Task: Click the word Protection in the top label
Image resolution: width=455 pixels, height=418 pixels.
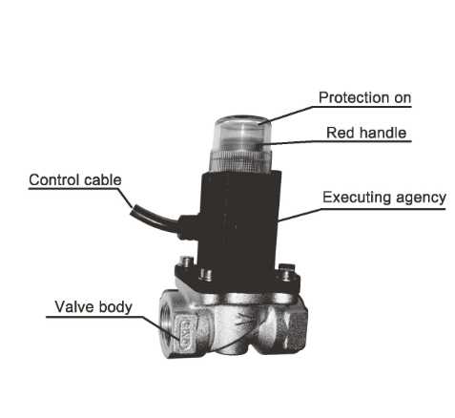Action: tap(354, 97)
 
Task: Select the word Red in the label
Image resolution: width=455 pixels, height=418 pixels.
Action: tap(341, 133)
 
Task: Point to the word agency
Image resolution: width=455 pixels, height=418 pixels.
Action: tap(421, 199)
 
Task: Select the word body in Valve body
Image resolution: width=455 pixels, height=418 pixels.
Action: tap(115, 307)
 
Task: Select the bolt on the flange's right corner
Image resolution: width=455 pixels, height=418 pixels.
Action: tap(286, 273)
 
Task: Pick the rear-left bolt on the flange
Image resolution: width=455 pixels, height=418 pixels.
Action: tap(186, 261)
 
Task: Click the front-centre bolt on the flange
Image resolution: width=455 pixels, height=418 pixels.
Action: tap(206, 274)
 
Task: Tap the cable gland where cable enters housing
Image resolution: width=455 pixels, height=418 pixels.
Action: tap(188, 226)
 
